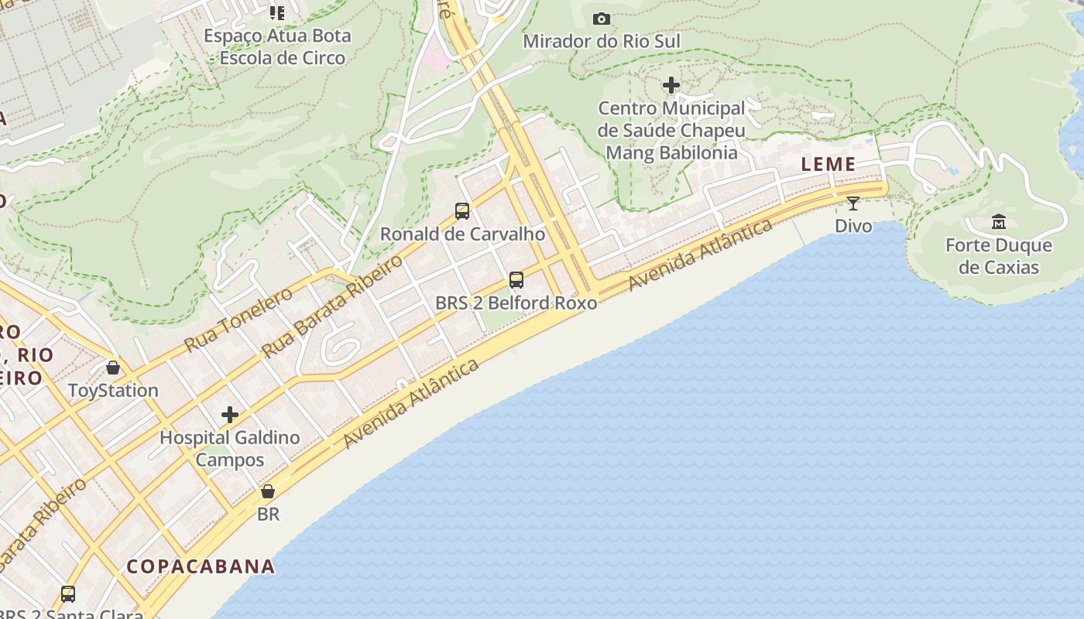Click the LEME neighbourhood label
coord(828,164)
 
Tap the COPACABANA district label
coord(201,566)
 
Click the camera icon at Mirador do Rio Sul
coord(602,19)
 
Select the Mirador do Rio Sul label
coord(602,41)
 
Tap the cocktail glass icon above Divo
coord(852,203)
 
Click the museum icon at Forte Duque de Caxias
coord(998,222)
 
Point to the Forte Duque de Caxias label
coord(998,256)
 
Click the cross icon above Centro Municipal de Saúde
coord(671,85)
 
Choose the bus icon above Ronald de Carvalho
coord(462,210)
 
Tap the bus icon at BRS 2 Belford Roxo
coord(516,280)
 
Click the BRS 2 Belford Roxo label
coord(516,303)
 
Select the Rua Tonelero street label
coord(238,319)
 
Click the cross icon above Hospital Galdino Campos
coord(230,415)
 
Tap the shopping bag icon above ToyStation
coord(113,368)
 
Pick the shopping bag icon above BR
coord(268,491)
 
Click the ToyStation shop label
coord(113,390)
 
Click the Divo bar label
coord(852,226)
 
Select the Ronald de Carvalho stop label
coord(462,234)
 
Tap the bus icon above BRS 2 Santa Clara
coord(68,594)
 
